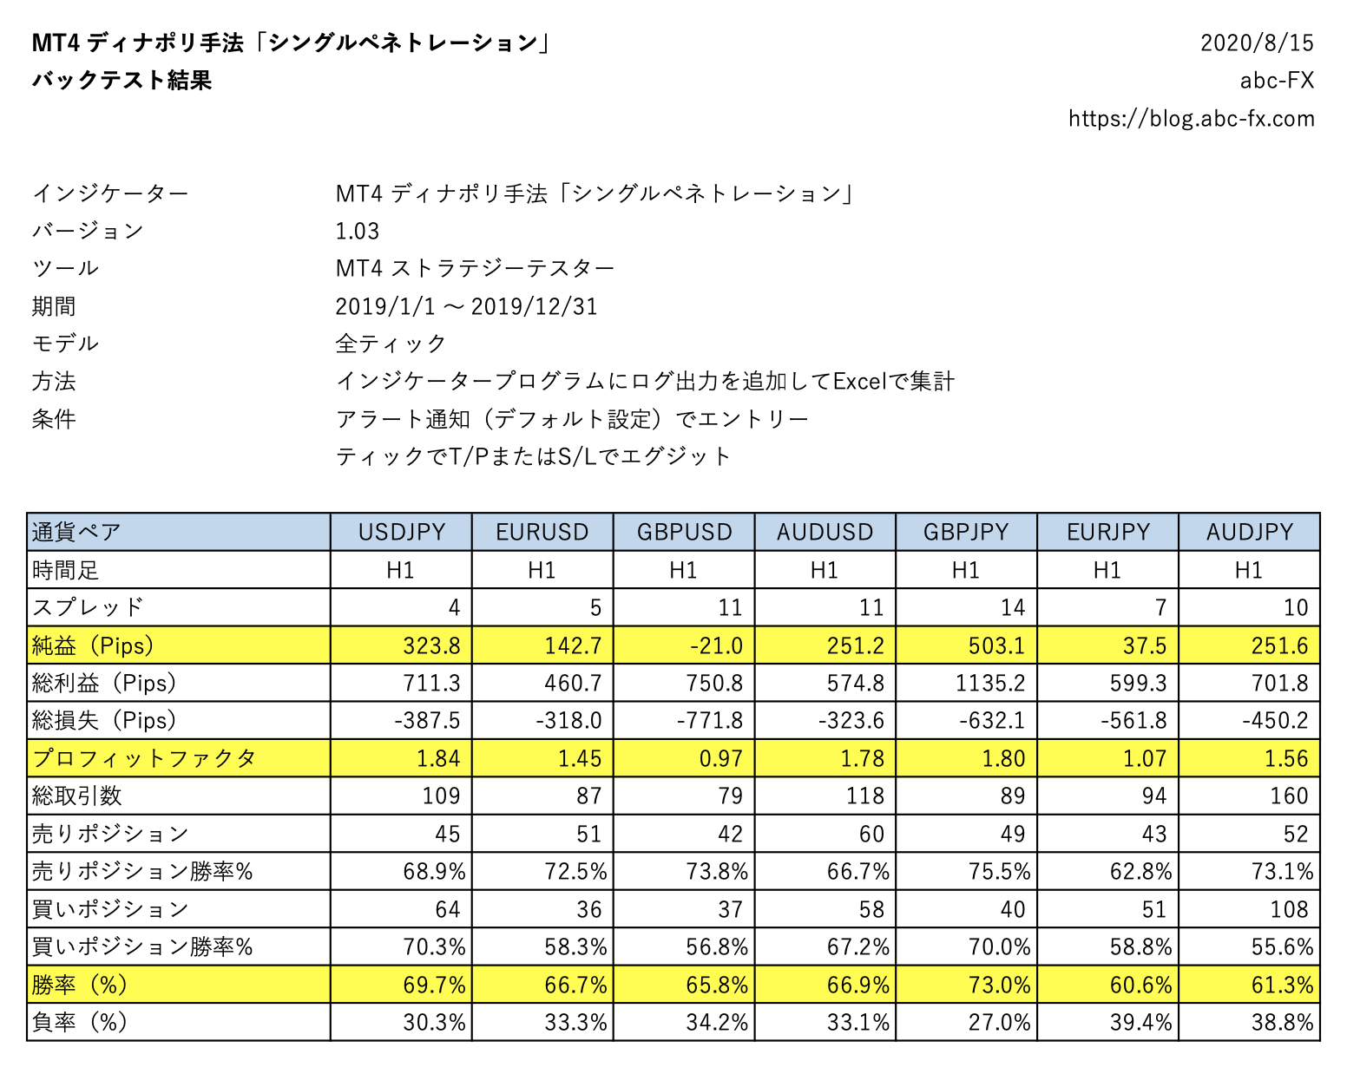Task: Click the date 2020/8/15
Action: pyautogui.click(x=1257, y=43)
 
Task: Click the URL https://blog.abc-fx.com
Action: pyautogui.click(x=1191, y=118)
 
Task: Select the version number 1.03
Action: pyautogui.click(x=358, y=231)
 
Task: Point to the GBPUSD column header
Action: pyautogui.click(x=684, y=532)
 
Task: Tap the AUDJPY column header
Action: pyautogui.click(x=1249, y=532)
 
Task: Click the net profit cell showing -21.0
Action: pyautogui.click(x=716, y=645)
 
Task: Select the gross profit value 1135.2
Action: pyautogui.click(x=990, y=683)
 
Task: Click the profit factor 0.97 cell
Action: pyautogui.click(x=720, y=758)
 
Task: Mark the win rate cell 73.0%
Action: pyautogui.click(x=999, y=985)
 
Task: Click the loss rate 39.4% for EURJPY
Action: pyautogui.click(x=1140, y=1022)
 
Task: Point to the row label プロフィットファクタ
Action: pyautogui.click(x=144, y=758)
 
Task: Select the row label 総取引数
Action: pyautogui.click(x=77, y=796)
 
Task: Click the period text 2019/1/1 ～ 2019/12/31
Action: pyautogui.click(x=466, y=306)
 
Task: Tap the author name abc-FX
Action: pyautogui.click(x=1277, y=81)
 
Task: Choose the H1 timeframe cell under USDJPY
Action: pyautogui.click(x=400, y=570)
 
